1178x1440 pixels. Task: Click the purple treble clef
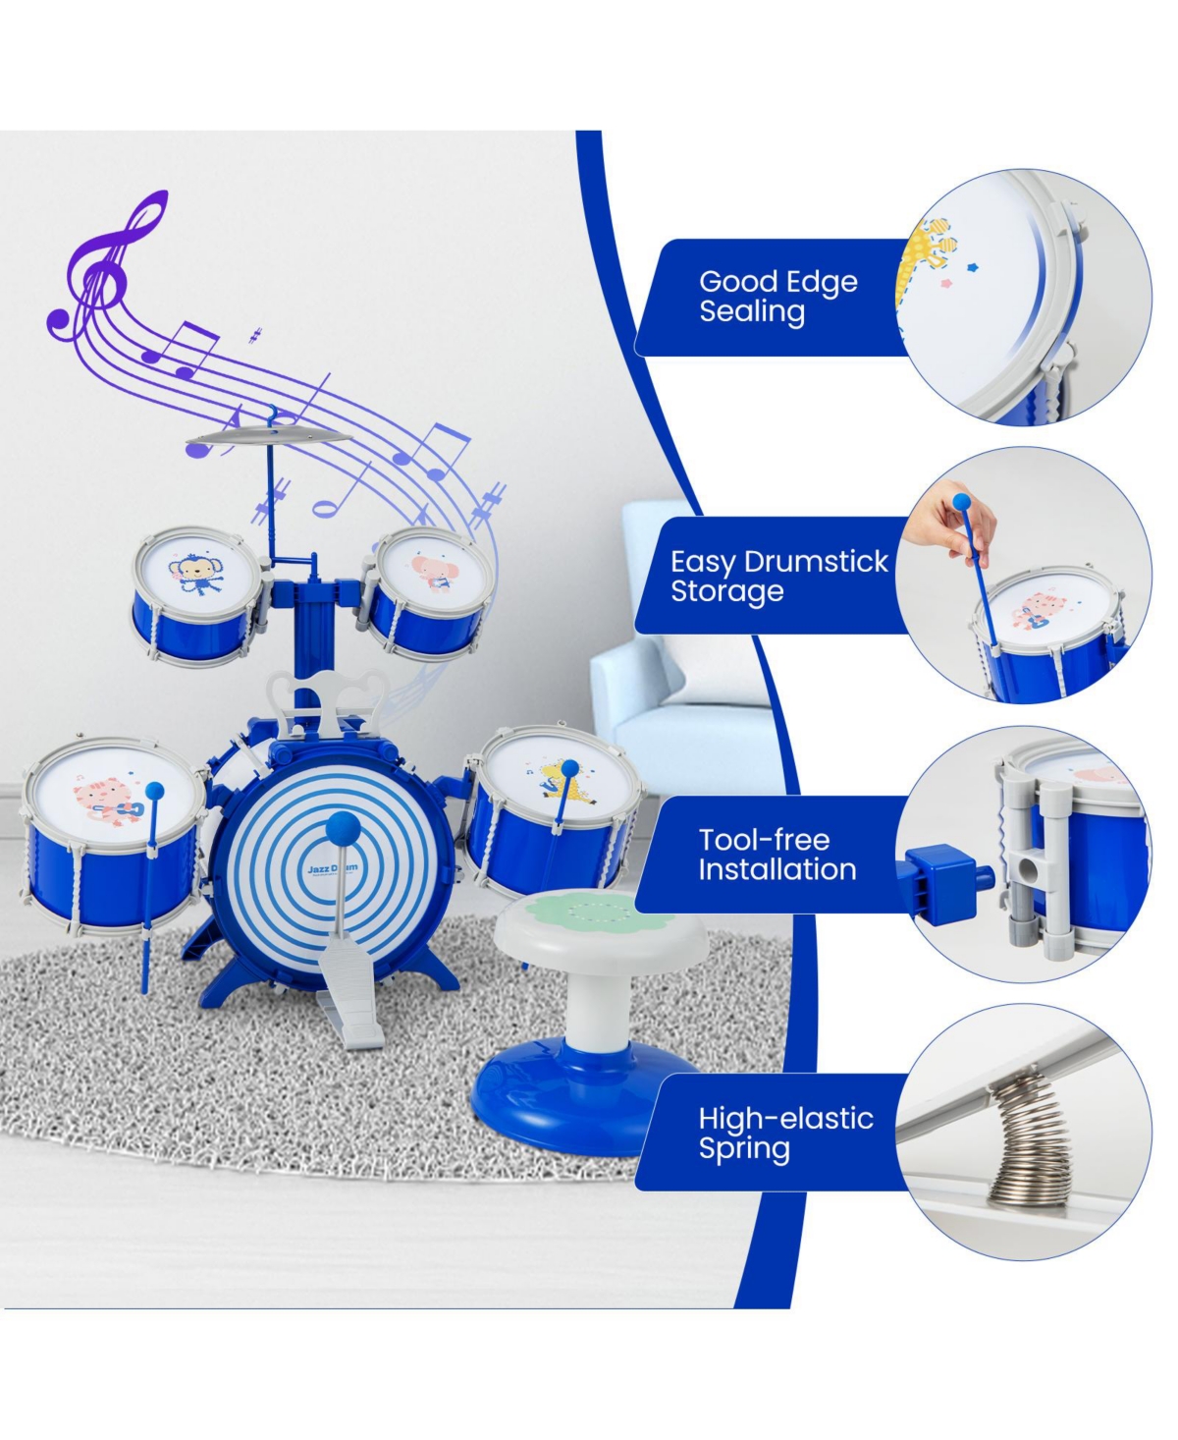[x=102, y=273]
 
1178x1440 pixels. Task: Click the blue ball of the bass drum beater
[x=343, y=829]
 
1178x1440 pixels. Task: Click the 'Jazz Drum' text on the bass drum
[x=333, y=868]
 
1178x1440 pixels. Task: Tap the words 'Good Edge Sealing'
[x=778, y=297]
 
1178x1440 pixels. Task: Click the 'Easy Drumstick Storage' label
[x=778, y=576]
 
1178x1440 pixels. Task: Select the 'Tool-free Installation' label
[x=777, y=855]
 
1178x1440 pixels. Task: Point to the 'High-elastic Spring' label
[x=785, y=1133]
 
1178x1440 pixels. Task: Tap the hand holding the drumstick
[x=947, y=517]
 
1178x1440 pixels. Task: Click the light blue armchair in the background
[x=682, y=683]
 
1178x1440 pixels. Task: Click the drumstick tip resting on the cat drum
[x=155, y=791]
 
